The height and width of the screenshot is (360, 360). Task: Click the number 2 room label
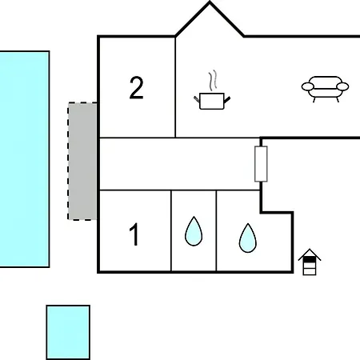(x=136, y=88)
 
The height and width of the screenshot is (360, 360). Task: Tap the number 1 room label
(x=134, y=234)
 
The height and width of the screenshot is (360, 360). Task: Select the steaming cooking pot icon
(x=212, y=90)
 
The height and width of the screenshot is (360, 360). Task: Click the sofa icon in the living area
(x=325, y=89)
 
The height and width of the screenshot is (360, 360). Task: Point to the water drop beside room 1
(x=194, y=231)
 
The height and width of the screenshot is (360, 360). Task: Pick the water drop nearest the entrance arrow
(x=248, y=238)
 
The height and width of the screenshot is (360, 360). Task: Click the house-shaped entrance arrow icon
(x=310, y=262)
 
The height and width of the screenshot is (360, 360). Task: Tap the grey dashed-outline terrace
(x=82, y=161)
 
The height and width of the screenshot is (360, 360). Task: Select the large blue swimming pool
(x=25, y=159)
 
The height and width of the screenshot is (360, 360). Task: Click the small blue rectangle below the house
(x=68, y=332)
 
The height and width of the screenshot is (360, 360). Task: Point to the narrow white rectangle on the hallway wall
(x=261, y=164)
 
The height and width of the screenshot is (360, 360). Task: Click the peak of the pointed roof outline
(x=210, y=2)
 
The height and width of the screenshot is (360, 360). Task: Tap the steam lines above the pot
(x=213, y=80)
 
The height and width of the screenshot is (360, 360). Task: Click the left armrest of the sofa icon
(x=308, y=86)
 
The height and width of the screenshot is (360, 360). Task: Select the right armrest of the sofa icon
(x=342, y=86)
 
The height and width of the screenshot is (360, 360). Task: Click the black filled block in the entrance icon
(x=310, y=259)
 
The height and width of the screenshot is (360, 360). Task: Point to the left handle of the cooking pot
(x=197, y=99)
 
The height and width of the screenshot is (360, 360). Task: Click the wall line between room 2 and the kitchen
(x=175, y=87)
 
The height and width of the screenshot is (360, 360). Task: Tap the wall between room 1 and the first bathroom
(x=170, y=230)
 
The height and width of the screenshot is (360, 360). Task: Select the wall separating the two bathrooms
(x=216, y=230)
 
